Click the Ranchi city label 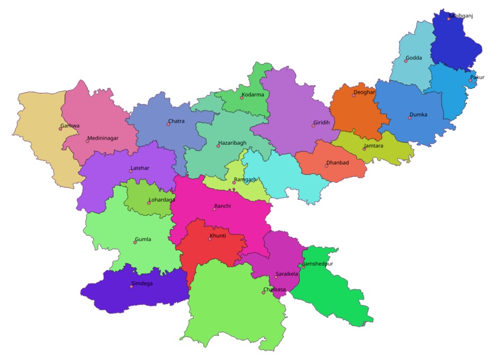223,206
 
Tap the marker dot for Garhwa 60,129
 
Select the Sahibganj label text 461,16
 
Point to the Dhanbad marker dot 326,166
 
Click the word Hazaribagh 233,143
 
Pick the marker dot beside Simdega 131,286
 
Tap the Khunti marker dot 210,239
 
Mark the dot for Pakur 470,80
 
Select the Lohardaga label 162,200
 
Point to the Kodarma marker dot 241,98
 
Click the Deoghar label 364,92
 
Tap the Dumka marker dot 410,118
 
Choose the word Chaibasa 274,289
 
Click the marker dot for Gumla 135,243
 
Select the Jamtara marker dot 364,149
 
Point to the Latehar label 139,168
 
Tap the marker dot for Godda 405,61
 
